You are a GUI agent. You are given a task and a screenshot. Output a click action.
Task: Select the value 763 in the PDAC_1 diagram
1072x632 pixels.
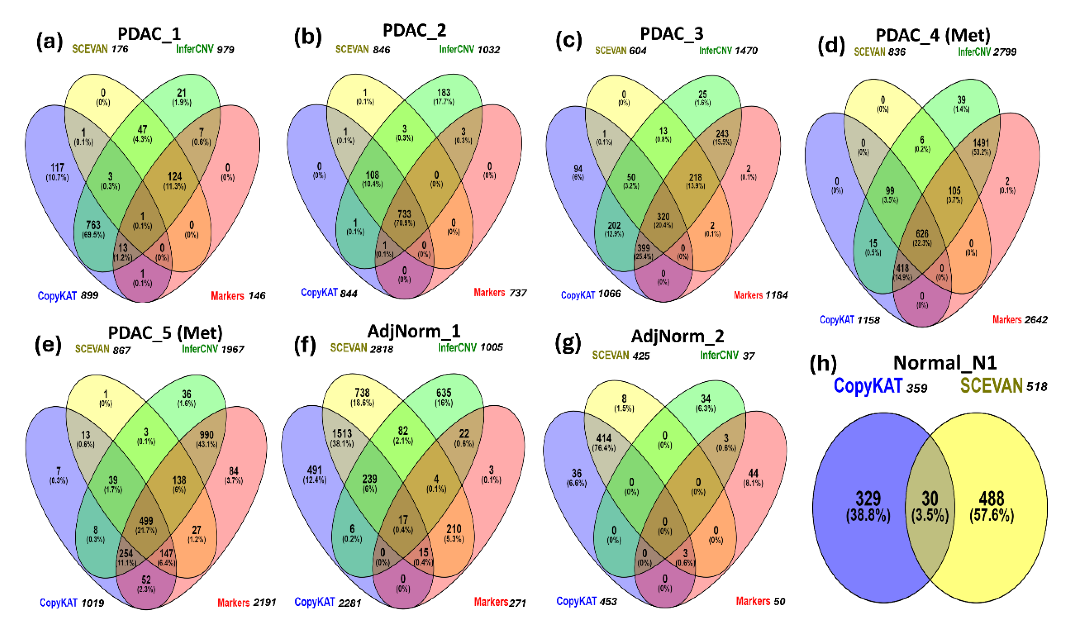click(x=93, y=225)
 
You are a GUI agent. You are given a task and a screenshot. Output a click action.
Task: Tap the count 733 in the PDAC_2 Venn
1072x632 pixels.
click(x=404, y=214)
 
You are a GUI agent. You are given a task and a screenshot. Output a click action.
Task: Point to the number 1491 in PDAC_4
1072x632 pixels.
click(x=980, y=143)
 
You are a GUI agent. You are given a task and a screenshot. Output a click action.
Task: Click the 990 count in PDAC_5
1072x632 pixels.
click(x=206, y=435)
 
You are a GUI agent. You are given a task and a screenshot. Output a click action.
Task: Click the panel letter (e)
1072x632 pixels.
click(x=48, y=344)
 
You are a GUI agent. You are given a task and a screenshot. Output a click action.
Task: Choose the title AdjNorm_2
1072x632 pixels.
click(x=677, y=337)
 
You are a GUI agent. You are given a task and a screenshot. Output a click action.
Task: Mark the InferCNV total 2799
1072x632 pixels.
click(x=1004, y=52)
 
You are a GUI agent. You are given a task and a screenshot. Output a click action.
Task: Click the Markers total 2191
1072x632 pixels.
click(x=264, y=603)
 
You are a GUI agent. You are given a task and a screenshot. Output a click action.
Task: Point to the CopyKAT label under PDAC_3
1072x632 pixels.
click(x=577, y=295)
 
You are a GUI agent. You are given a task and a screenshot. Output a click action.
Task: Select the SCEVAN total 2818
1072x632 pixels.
click(x=381, y=349)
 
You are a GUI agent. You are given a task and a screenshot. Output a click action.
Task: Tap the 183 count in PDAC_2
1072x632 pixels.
click(x=444, y=93)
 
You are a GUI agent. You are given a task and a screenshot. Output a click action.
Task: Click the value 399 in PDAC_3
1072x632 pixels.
click(x=643, y=248)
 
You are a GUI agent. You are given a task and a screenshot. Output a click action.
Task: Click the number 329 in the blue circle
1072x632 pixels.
click(x=868, y=498)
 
